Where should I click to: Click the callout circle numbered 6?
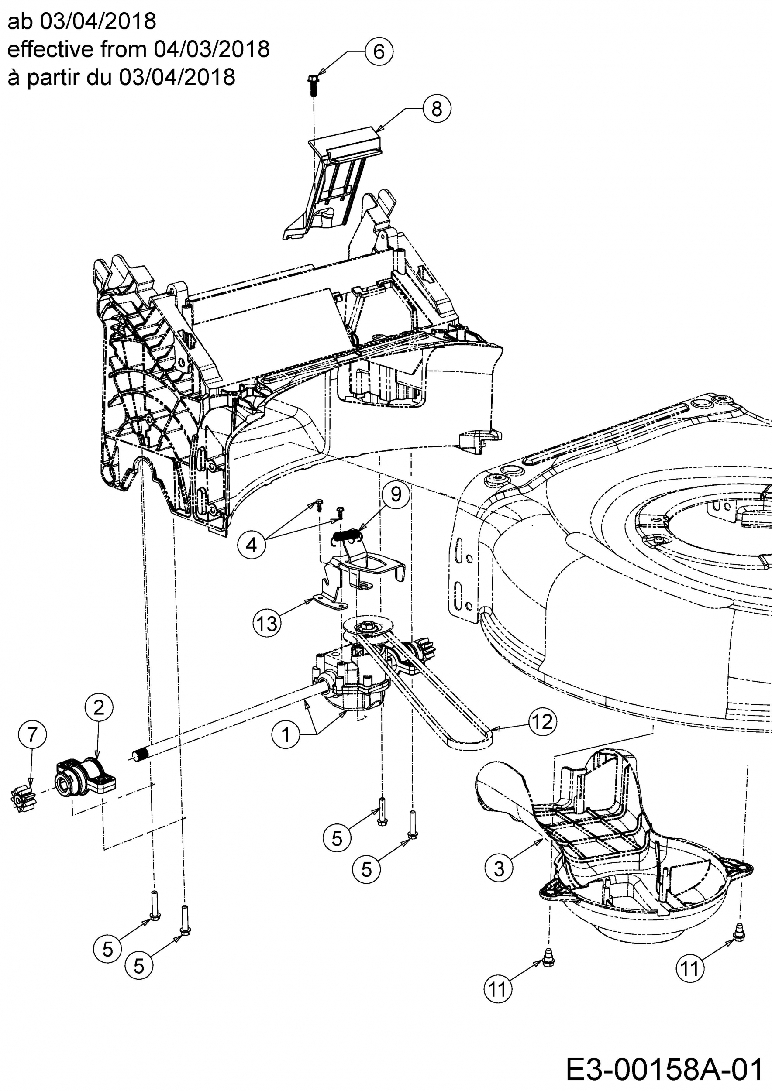[x=379, y=51]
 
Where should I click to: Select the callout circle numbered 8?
[x=436, y=109]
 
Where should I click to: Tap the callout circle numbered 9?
[x=396, y=494]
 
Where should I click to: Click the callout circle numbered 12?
[x=542, y=722]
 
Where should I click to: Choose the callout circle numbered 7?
[x=32, y=734]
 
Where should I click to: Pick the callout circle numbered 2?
[x=98, y=707]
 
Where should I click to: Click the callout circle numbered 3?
[x=499, y=868]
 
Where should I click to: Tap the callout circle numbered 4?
[x=252, y=545]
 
